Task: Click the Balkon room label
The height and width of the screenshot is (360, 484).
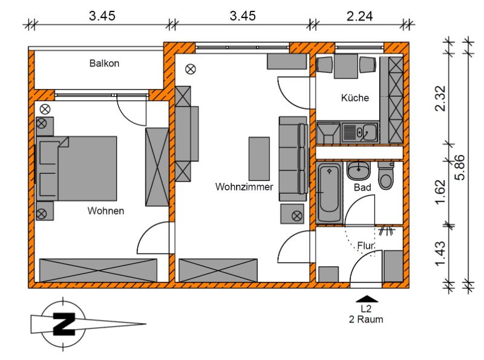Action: [104, 64]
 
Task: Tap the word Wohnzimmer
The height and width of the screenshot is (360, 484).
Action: [244, 187]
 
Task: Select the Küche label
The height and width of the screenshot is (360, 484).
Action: [355, 98]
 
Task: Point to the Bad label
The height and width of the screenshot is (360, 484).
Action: [362, 187]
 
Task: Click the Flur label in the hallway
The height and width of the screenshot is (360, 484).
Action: [366, 246]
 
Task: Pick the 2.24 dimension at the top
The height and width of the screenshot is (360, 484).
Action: [359, 16]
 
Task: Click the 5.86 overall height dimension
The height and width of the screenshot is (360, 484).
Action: [460, 167]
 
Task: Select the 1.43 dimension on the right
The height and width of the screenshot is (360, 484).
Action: [440, 254]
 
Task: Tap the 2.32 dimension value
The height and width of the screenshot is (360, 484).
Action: [440, 98]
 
